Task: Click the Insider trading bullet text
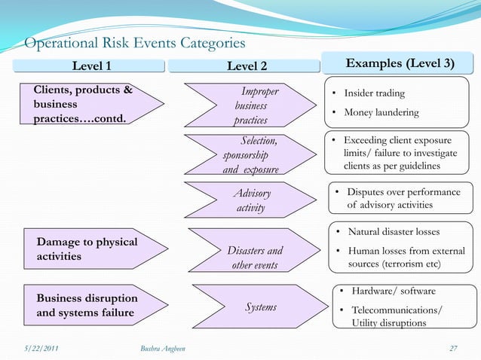pos(374,93)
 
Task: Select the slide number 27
pos(452,347)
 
